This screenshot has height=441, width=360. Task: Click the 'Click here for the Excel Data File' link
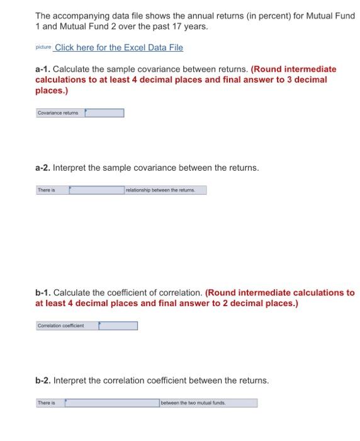tap(120, 48)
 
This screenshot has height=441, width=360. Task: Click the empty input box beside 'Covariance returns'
tap(104, 113)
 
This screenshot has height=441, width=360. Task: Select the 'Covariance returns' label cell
tap(60, 113)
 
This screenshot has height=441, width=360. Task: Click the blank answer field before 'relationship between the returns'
tap(97, 190)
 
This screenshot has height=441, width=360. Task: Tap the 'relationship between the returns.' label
tap(165, 190)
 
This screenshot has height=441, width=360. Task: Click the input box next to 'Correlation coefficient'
tap(118, 326)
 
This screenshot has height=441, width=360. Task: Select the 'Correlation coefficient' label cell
tap(67, 326)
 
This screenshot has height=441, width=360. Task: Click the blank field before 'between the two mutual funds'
tap(112, 403)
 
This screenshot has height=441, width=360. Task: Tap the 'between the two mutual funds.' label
tap(208, 403)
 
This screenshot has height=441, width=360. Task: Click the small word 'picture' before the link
tap(43, 48)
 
